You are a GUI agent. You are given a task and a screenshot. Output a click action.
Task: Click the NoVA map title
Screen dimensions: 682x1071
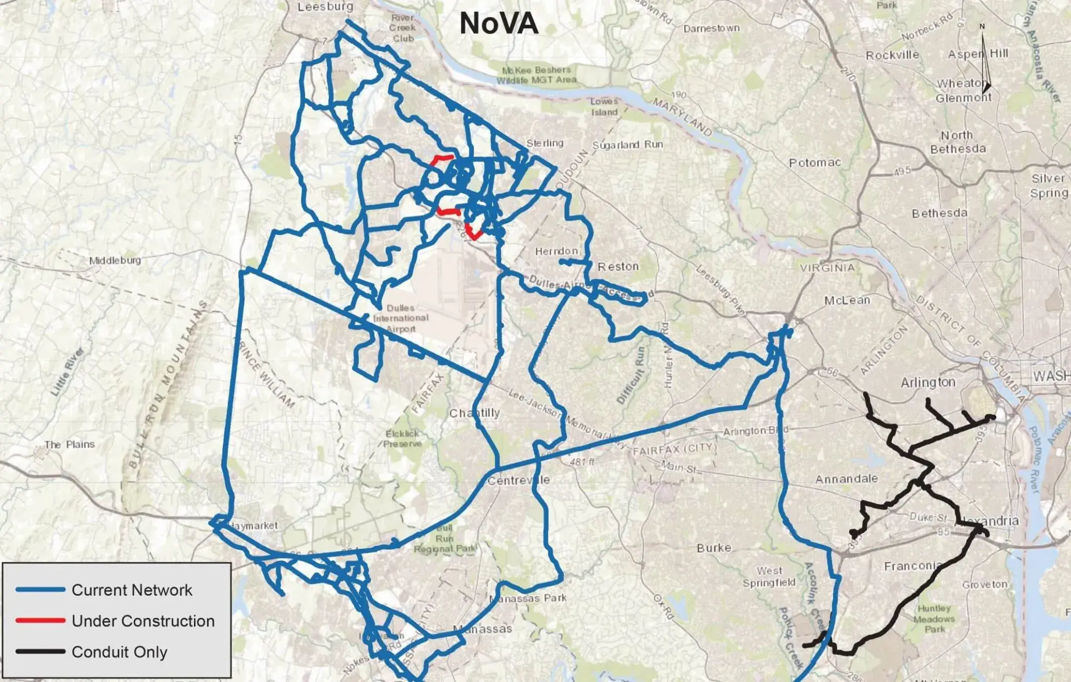(x=498, y=24)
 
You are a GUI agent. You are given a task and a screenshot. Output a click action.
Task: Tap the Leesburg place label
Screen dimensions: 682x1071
(x=325, y=7)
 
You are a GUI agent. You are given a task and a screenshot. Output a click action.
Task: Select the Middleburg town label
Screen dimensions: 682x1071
(x=115, y=260)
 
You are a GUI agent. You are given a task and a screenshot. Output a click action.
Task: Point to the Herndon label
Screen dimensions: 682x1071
(x=556, y=252)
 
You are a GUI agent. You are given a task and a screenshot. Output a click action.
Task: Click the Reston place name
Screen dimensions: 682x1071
(x=618, y=267)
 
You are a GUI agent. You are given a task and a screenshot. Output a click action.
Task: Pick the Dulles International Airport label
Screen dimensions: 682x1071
(x=401, y=318)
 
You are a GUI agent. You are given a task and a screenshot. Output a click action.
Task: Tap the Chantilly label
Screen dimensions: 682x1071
(x=474, y=413)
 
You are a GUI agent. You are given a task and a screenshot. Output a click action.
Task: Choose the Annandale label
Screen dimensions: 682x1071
(x=846, y=479)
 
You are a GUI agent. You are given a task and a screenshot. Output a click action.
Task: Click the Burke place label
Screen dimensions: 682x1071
(x=714, y=548)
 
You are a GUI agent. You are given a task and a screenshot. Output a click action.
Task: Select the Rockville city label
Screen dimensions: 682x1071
(x=892, y=55)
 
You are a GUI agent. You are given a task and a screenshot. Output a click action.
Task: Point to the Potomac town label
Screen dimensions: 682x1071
(x=815, y=163)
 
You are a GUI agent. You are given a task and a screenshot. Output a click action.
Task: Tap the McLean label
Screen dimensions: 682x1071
(x=847, y=300)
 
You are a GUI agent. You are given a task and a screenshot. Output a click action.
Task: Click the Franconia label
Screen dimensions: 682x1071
(x=912, y=566)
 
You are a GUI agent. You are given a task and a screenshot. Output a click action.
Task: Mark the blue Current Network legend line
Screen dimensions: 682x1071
(x=40, y=590)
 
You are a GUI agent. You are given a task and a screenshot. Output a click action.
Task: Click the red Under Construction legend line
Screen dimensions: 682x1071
(x=40, y=621)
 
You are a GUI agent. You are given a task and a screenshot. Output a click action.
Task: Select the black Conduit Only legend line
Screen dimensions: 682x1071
(x=40, y=652)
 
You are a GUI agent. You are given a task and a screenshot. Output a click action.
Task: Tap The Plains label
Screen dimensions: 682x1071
(x=70, y=445)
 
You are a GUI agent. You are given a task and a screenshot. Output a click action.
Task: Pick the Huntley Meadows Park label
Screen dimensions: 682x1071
(x=934, y=618)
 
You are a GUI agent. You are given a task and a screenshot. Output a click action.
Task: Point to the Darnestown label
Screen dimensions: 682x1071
(x=711, y=28)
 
